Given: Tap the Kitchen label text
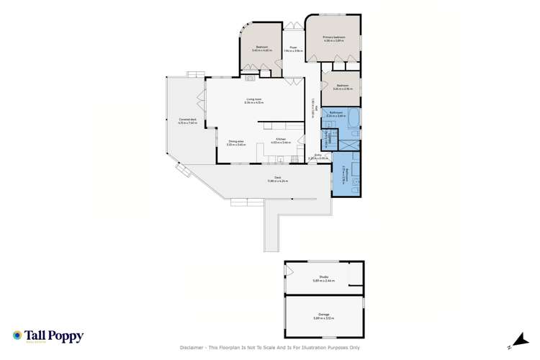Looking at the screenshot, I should coord(280,141).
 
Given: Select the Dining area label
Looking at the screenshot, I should coord(237,142).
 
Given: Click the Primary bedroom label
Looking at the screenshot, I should coord(333,38).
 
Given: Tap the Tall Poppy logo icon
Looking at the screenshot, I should coord(17,336).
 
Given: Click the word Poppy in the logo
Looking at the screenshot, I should coord(67,336).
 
